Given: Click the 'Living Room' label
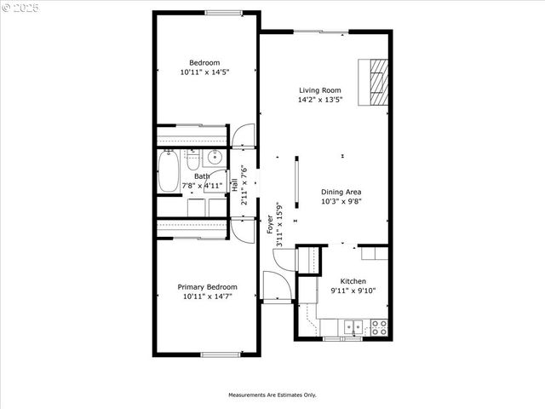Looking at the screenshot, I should point(319,89).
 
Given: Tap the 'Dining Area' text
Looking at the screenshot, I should point(341,192).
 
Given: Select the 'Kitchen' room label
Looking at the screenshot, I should point(353,281).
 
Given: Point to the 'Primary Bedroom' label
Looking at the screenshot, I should point(207,287).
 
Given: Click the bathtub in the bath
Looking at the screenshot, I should point(169,170).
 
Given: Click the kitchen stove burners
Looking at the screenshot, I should point(379,325).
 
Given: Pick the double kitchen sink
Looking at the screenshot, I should point(354,325).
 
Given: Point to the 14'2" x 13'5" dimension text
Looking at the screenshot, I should point(319,100).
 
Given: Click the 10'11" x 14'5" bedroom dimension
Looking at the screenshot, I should point(204,72).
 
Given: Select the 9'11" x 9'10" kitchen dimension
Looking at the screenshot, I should point(353,291).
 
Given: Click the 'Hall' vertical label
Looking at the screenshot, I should point(235,183).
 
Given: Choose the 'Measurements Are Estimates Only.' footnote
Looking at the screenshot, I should point(272,395).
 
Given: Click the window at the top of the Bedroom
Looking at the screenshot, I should point(222,12).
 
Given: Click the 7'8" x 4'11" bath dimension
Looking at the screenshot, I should point(202,185).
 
